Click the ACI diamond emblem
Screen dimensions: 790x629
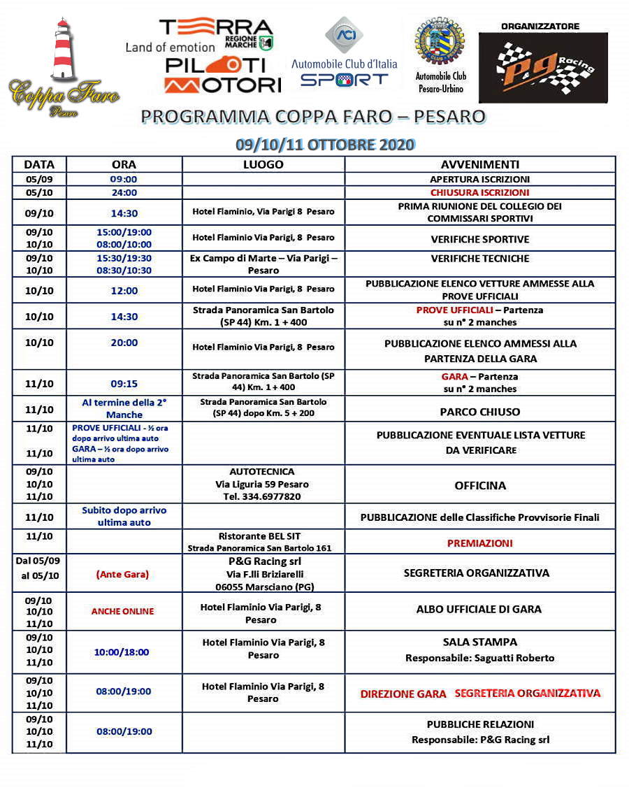pyautogui.click(x=344, y=35)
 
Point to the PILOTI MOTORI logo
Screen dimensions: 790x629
pyautogui.click(x=222, y=75)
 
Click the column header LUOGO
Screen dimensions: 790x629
pyautogui.click(x=263, y=165)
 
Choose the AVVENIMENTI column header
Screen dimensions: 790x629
pyautogui.click(x=479, y=165)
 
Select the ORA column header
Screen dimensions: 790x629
pyautogui.click(x=124, y=165)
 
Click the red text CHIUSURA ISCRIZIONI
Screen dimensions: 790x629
pyautogui.click(x=479, y=192)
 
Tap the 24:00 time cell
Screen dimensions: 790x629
pyautogui.click(x=124, y=192)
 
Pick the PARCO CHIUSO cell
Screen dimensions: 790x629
pyautogui.click(x=479, y=412)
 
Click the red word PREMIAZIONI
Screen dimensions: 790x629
pyautogui.click(x=479, y=543)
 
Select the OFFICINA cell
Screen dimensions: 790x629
pyautogui.click(x=479, y=485)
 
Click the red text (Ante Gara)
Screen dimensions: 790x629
pyautogui.click(x=122, y=574)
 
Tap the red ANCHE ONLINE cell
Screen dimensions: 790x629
pyautogui.click(x=122, y=611)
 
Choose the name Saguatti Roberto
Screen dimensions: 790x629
pyautogui.click(x=514, y=658)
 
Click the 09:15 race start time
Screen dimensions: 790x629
pyautogui.click(x=124, y=384)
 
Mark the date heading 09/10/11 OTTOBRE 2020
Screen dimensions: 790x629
pyautogui.click(x=325, y=145)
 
